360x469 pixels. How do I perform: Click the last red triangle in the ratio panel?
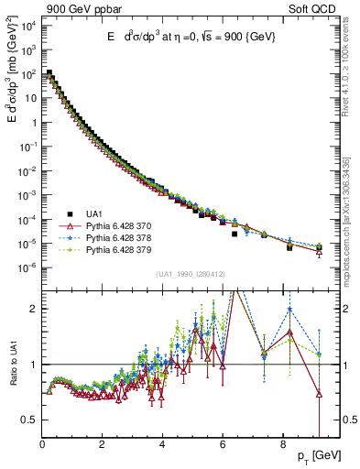(319, 394)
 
